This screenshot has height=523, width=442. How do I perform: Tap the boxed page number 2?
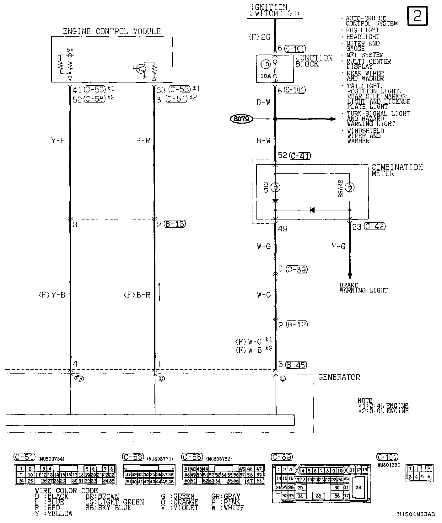tap(418, 16)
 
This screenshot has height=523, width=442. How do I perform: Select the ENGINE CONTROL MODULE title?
tap(112, 31)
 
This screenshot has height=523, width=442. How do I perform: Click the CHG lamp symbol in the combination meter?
tap(275, 188)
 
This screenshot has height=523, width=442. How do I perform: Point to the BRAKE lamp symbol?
tap(349, 188)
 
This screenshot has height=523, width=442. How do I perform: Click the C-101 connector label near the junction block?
tap(295, 49)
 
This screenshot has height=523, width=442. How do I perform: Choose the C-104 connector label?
tap(295, 90)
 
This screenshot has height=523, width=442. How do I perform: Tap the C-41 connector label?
tap(300, 156)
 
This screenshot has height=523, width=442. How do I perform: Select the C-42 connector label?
tap(375, 226)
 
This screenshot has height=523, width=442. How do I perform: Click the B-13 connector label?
tap(175, 224)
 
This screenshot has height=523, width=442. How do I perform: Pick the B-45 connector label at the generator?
tap(296, 365)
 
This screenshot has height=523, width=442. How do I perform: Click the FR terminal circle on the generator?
tap(79, 378)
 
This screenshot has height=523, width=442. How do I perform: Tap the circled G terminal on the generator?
tap(162, 378)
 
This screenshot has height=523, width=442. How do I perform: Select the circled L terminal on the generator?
tap(283, 378)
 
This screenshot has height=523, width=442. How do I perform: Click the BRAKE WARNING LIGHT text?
tap(363, 288)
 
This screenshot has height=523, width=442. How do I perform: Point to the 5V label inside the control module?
tap(70, 50)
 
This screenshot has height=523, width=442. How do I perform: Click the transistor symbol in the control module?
tap(140, 70)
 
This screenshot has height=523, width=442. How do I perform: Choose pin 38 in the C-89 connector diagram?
tap(358, 488)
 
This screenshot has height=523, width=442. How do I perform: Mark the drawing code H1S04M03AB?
tap(416, 514)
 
